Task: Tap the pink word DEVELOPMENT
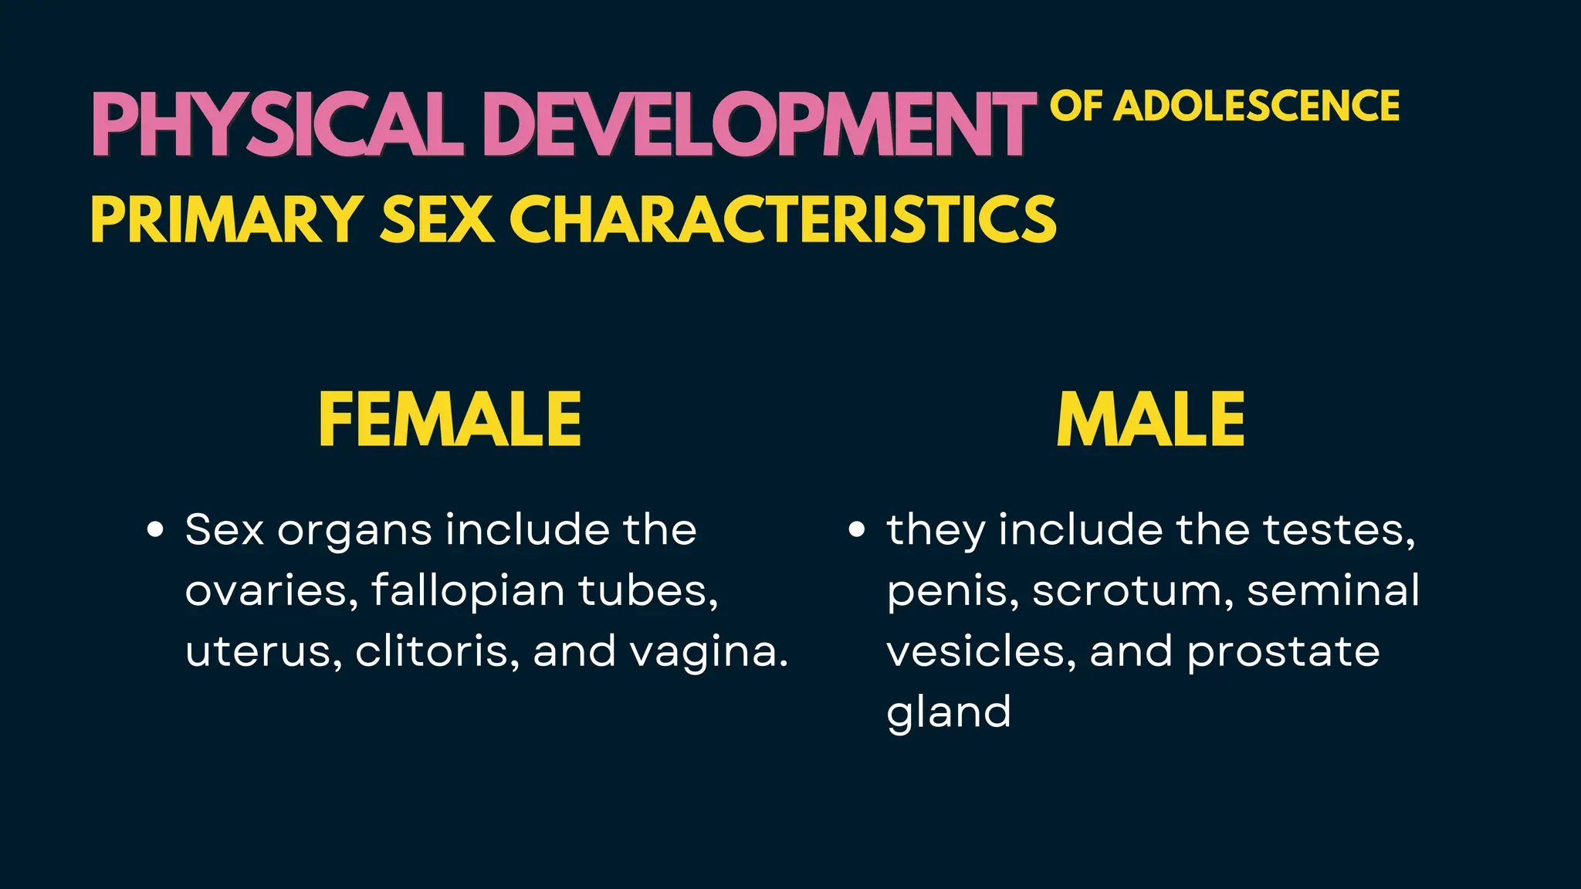[760, 125]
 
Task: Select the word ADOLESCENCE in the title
[1258, 106]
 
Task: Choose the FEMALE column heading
[450, 420]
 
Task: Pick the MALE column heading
[1150, 420]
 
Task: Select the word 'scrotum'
[1132, 591]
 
